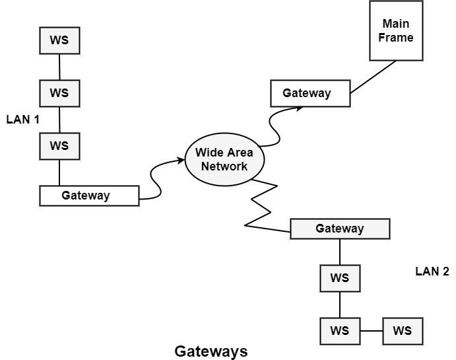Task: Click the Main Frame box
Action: (x=396, y=31)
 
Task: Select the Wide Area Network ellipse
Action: (x=224, y=159)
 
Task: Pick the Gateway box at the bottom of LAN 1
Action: (x=90, y=196)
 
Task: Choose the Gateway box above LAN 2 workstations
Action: (x=340, y=229)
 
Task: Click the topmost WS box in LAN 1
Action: (x=59, y=40)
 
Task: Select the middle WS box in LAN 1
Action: (x=59, y=93)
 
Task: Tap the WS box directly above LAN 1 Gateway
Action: (x=59, y=146)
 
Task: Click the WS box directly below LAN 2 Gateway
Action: (x=340, y=278)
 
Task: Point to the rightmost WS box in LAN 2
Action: (x=403, y=331)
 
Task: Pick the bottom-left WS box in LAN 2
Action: (x=340, y=331)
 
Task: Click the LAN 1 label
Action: (x=23, y=120)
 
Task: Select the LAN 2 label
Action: (x=432, y=271)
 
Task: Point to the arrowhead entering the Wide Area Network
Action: (x=180, y=159)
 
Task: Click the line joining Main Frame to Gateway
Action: (x=373, y=77)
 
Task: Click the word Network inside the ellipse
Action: (x=224, y=166)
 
